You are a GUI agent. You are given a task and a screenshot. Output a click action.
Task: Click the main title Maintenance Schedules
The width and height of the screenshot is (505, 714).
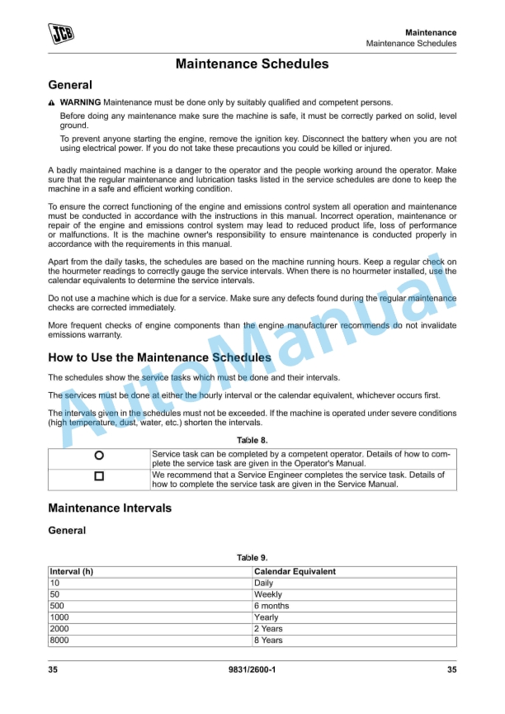coord(252,64)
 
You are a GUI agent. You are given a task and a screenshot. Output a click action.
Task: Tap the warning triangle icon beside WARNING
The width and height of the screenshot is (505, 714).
coord(52,102)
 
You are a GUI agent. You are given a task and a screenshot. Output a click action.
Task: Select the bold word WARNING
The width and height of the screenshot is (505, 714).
coord(81,102)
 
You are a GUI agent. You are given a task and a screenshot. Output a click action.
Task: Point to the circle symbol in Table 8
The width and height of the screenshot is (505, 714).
coord(99,455)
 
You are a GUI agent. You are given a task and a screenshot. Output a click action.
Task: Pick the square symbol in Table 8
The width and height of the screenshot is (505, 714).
coord(99,476)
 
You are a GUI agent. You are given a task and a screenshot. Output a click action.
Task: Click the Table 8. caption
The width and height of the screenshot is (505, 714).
coord(252,440)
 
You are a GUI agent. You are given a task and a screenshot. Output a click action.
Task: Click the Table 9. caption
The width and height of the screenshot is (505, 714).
coord(252,558)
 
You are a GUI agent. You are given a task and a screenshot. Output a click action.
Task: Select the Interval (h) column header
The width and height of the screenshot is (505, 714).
coord(72,571)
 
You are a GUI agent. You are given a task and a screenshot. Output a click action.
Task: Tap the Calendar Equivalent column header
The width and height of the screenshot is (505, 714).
coord(295,571)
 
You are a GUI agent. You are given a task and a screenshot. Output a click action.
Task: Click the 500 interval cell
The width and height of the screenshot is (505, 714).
coord(59,606)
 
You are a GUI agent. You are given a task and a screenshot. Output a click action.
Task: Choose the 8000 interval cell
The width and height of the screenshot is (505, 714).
coord(60,641)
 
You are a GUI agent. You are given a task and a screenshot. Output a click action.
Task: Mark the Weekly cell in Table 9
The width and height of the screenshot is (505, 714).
coord(268,594)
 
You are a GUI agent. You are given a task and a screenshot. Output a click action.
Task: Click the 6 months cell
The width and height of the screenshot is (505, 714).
coord(271,606)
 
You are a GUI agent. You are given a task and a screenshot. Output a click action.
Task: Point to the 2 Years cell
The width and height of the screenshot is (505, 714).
coord(268,629)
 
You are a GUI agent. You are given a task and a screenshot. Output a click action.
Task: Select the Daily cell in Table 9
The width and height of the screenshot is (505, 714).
coord(264,583)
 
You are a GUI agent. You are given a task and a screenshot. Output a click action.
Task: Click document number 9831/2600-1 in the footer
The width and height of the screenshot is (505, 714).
coord(252,669)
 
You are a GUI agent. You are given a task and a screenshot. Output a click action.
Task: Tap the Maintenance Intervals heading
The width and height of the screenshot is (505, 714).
coord(110,508)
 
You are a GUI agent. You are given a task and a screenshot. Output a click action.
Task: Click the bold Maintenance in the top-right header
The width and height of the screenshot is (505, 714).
coord(431,32)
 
